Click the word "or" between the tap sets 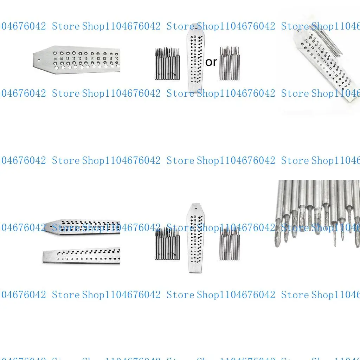211,62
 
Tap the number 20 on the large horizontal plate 55,59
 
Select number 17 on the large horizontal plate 74,59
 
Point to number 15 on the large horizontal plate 86,59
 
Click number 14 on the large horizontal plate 92,59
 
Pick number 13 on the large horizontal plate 98,59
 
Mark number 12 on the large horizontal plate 104,59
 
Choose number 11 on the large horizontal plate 111,59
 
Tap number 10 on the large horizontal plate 117,59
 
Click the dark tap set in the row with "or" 167,64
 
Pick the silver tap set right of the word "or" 229,63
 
